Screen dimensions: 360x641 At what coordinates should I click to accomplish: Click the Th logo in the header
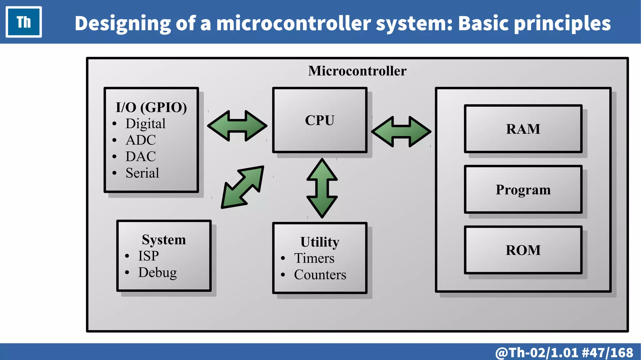pos(24,22)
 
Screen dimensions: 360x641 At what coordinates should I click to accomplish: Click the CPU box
pos(320,120)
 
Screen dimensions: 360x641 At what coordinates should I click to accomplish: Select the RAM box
pos(523,129)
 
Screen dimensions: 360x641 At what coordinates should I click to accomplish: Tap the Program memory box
pos(523,189)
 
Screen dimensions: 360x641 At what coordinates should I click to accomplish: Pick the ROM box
pos(523,250)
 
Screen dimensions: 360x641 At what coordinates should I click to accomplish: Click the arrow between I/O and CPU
pos(237,126)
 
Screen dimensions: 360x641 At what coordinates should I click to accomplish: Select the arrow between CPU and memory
pos(401,132)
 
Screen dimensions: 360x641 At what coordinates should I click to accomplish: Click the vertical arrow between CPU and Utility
pos(322,188)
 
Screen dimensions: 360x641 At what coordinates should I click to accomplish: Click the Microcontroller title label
pos(357,71)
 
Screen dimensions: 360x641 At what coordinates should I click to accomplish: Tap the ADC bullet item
pos(141,140)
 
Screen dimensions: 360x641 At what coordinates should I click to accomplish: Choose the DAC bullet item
pos(141,157)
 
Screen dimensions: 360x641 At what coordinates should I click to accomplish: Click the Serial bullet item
pos(142,173)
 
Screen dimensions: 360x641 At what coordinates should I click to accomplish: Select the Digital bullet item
pos(145,124)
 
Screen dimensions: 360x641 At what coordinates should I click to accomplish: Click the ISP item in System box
pos(148,256)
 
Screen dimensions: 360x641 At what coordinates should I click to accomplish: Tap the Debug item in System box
pos(157,273)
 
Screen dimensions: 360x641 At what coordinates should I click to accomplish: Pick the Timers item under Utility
pos(314,258)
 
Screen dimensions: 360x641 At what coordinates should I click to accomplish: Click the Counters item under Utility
pos(320,275)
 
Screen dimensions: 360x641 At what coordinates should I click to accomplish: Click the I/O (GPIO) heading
pos(151,107)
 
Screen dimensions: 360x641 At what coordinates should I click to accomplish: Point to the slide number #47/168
pos(607,352)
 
